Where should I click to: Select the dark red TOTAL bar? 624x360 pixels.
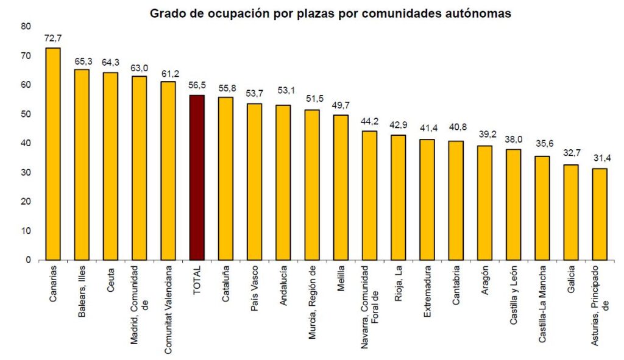click(x=197, y=177)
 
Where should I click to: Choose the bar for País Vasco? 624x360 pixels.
click(x=254, y=182)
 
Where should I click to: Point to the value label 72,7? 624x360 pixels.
click(x=53, y=38)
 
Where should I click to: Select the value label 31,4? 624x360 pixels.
click(x=600, y=159)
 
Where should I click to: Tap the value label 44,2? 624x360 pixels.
click(x=369, y=122)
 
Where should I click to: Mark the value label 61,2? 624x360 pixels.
click(x=168, y=72)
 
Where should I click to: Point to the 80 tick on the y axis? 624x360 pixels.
click(x=25, y=26)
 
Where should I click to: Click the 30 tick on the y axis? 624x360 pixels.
click(x=25, y=172)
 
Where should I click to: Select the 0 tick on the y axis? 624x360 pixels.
click(x=27, y=260)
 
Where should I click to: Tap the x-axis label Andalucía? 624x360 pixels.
click(x=283, y=286)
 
